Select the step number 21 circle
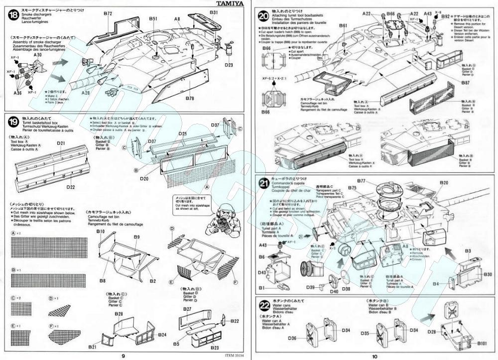point(264,184)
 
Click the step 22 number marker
point(264,304)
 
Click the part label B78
point(190,99)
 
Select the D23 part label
point(229,64)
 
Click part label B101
point(481,343)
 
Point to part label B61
point(343,25)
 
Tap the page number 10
point(374,356)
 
